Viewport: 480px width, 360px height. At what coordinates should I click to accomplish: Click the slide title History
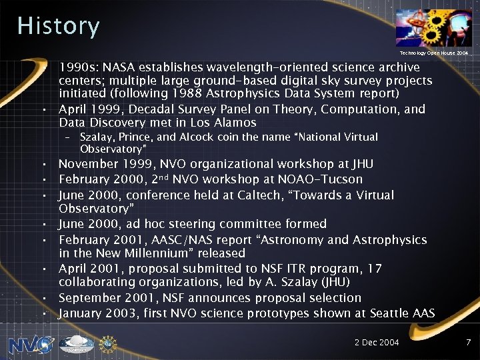point(59,26)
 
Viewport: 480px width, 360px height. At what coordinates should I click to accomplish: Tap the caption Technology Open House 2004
point(434,52)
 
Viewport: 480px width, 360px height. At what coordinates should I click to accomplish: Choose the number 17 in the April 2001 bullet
point(375,269)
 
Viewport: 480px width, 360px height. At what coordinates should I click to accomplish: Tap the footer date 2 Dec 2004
point(376,342)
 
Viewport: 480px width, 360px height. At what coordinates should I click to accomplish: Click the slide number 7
point(468,342)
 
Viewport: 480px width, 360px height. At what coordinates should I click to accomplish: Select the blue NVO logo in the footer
point(31,345)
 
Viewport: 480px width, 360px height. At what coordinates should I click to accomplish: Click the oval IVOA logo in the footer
point(77,345)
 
